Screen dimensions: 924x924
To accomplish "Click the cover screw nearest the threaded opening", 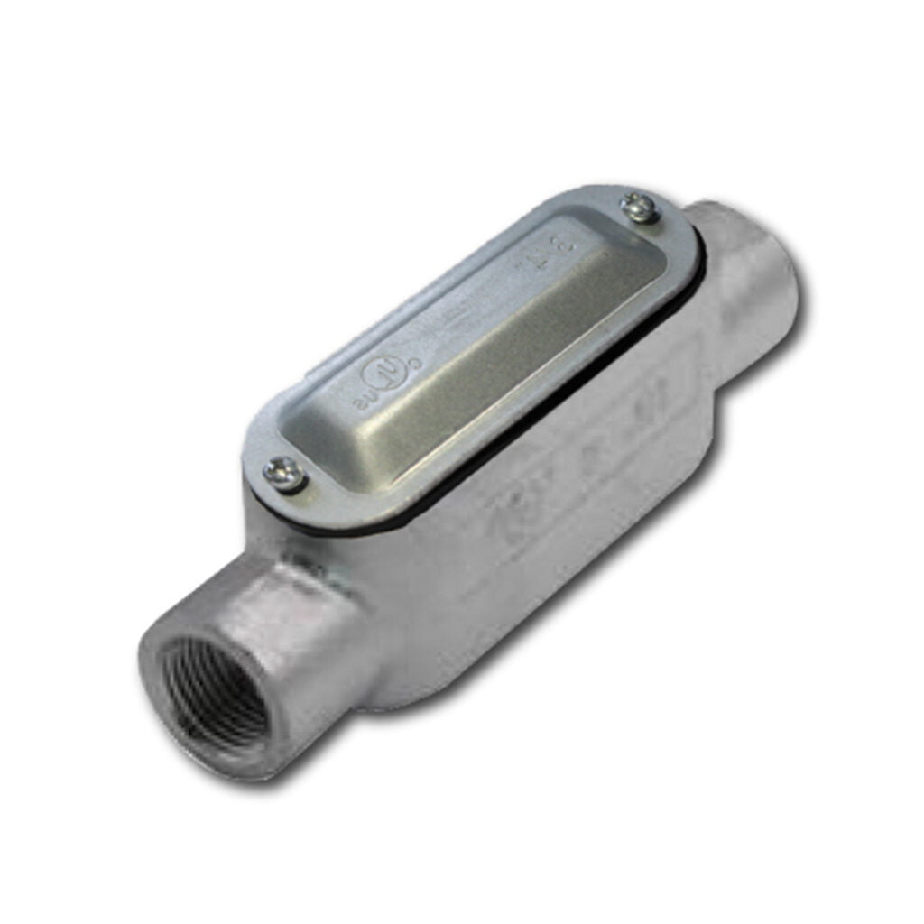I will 283,473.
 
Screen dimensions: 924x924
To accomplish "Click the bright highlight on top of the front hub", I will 271,577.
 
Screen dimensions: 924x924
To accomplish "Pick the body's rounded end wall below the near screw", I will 271,523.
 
